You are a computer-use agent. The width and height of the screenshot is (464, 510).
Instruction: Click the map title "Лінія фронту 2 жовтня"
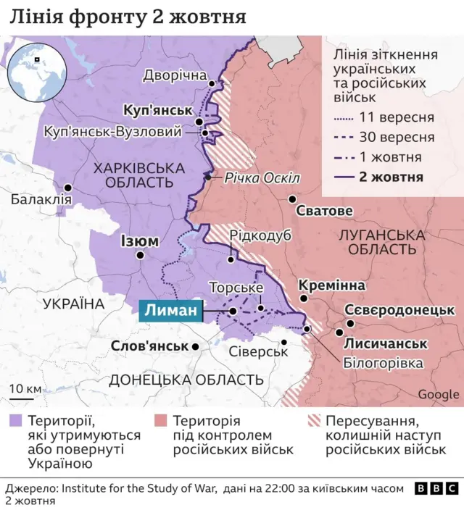point(127,17)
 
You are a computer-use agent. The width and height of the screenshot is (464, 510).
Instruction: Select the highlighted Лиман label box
point(170,311)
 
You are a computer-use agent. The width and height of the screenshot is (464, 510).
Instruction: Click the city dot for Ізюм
point(140,256)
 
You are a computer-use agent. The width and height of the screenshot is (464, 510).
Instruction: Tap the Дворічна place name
point(175,75)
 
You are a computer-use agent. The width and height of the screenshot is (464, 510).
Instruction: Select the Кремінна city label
point(331,285)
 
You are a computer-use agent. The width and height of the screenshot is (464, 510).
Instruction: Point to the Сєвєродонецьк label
point(399,309)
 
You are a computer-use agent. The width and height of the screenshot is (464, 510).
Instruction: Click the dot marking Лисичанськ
point(339,333)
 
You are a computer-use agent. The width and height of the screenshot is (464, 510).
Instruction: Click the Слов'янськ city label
point(149,346)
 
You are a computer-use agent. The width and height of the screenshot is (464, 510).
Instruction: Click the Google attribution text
point(438,394)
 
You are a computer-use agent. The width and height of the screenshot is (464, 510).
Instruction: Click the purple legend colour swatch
point(15,422)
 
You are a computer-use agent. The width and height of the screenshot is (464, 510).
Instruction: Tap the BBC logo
point(438,489)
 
